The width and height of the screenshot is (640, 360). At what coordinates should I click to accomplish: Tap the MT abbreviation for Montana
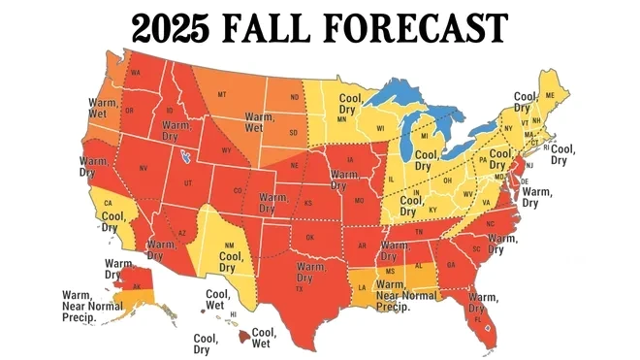pos(222,94)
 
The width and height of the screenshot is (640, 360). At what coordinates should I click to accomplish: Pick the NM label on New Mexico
pos(230,245)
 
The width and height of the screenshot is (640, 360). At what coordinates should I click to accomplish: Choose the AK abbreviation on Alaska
pos(136,287)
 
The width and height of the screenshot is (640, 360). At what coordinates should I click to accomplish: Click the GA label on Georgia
pos(451,265)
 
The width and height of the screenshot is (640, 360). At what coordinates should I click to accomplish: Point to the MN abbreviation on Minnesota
pos(340,119)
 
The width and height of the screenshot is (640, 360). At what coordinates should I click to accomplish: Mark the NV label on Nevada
pos(144,168)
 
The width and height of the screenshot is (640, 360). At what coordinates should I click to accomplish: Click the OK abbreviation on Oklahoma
pos(310,237)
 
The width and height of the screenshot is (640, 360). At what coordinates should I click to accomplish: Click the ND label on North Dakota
pos(295,96)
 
